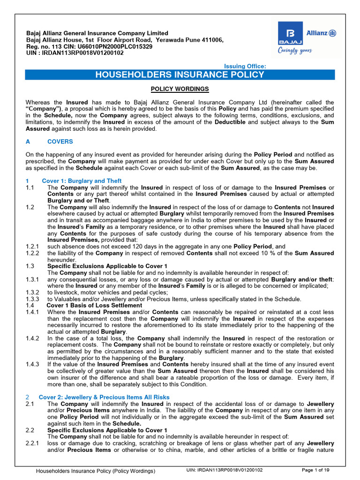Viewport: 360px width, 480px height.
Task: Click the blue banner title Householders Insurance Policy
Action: click(180, 75)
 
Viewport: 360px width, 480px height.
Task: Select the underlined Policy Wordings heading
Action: click(180, 89)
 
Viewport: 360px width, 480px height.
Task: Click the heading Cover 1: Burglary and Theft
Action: click(82, 181)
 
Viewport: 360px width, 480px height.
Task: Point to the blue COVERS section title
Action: click(60, 142)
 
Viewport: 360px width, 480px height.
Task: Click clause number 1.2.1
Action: click(33, 247)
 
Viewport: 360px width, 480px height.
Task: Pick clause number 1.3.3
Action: click(33, 299)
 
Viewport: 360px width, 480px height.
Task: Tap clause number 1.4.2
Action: click(33, 338)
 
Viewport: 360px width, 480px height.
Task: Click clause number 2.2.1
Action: click(33, 443)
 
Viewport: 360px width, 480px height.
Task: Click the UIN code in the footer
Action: click(225, 470)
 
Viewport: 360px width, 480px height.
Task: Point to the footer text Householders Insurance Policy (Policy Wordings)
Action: click(96, 470)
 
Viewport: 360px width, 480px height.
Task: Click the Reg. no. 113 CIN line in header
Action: click(89, 47)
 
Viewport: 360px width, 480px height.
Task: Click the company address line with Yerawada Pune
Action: click(125, 40)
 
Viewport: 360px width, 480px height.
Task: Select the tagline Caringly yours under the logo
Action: click(295, 51)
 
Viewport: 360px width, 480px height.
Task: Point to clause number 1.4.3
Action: click(33, 365)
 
